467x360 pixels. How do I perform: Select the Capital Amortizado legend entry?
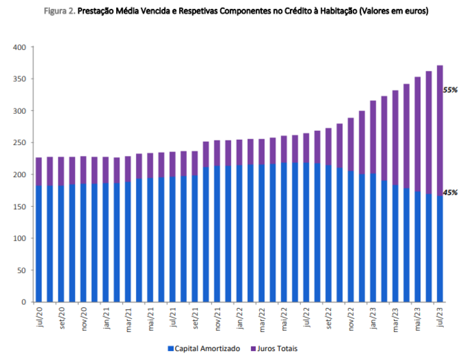point(203,348)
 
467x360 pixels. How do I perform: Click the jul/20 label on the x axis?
point(39,317)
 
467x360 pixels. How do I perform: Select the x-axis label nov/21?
point(218,318)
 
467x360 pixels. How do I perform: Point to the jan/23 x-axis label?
point(373,318)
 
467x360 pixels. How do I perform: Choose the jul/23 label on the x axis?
point(440,317)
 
